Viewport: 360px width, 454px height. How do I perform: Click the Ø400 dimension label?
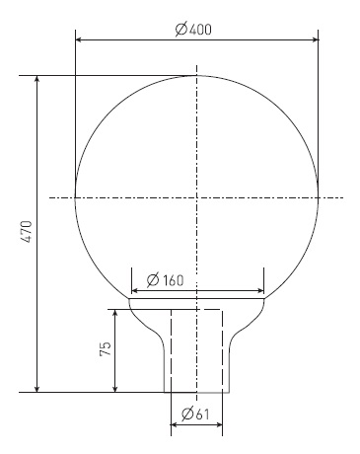click(x=193, y=30)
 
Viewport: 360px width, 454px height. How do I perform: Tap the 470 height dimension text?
click(x=26, y=232)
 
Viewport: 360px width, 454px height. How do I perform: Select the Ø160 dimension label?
click(x=165, y=280)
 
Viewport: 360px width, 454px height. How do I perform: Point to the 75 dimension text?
click(x=106, y=348)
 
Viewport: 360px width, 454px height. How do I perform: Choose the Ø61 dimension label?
click(x=195, y=414)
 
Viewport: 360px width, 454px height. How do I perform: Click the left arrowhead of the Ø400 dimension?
click(x=79, y=39)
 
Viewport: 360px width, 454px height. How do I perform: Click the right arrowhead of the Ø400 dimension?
click(x=315, y=39)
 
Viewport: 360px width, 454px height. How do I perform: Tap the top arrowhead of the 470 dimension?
click(x=37, y=79)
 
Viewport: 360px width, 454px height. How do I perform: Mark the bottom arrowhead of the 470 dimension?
click(x=37, y=388)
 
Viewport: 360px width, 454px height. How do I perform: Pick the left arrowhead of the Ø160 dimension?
click(x=135, y=291)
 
